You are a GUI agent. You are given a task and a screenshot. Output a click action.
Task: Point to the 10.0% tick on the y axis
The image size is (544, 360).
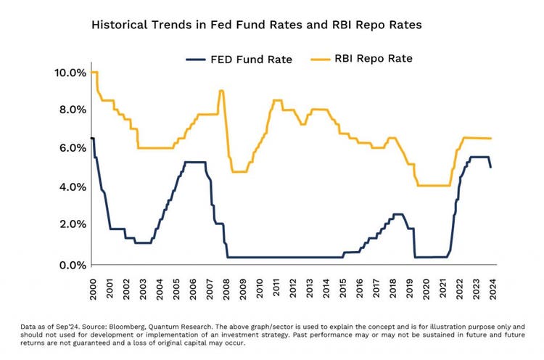pyautogui.click(x=70, y=73)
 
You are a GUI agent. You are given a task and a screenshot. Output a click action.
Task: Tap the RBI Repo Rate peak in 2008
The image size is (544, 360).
pyautogui.click(x=221, y=91)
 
